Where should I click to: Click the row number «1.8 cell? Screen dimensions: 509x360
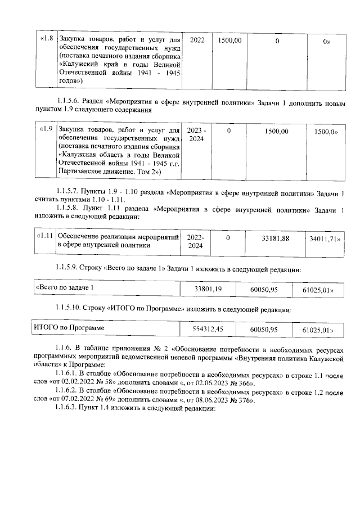45,39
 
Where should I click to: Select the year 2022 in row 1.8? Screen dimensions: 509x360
197,40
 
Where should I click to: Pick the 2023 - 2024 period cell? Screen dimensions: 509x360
197,134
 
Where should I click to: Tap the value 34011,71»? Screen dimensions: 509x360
325,239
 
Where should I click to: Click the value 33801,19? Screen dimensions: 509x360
209,289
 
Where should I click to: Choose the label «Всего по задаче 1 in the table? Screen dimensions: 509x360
64,289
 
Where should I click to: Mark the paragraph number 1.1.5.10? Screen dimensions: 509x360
70,309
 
